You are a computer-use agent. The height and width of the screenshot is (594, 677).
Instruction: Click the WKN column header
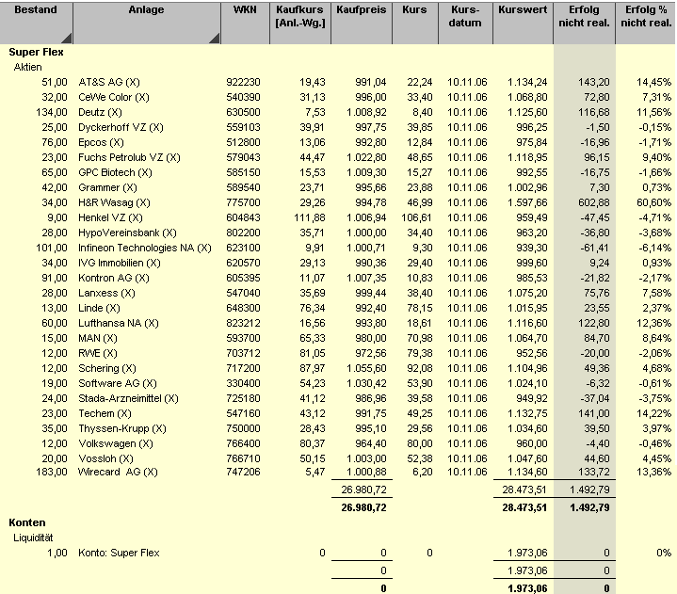pos(243,9)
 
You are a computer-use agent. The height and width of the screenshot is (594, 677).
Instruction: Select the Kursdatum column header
pos(465,16)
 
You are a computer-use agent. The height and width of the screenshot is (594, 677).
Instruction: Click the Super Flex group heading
pos(36,52)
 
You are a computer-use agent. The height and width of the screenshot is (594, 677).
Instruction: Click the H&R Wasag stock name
pos(114,202)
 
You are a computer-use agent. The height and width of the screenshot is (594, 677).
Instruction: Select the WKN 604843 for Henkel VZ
pos(243,217)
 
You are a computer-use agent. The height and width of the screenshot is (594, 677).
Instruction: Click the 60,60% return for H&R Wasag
pos(653,202)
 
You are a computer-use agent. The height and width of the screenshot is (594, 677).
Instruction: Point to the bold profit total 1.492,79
pos(585,506)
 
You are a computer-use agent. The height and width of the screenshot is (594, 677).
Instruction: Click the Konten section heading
pos(27,522)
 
